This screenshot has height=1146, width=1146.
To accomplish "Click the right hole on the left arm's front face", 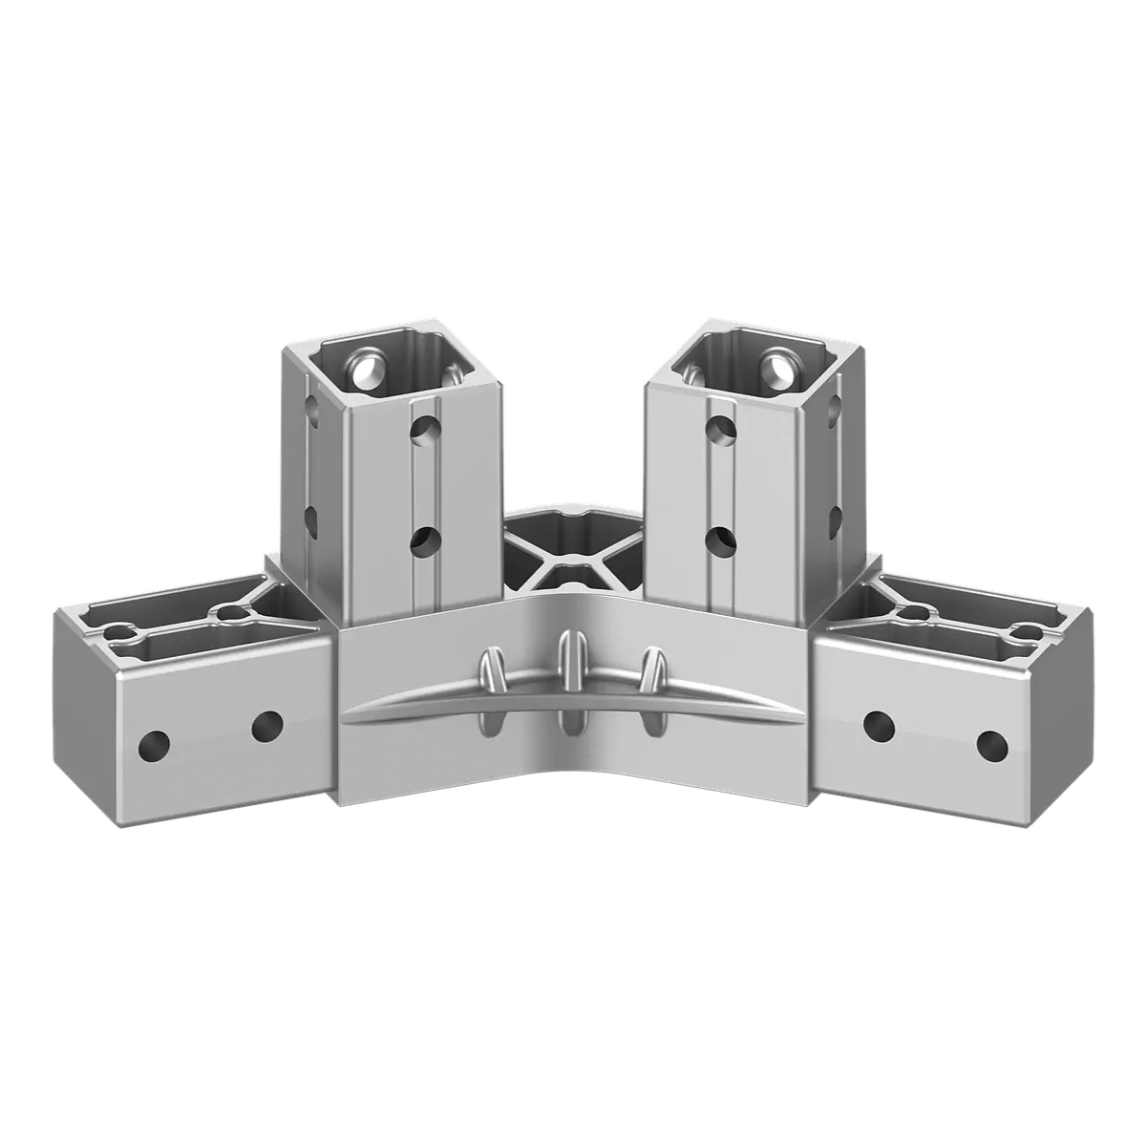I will coord(267,726).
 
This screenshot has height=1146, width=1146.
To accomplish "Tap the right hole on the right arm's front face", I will coord(992,743).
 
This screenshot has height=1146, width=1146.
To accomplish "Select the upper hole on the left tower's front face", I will coord(425,429).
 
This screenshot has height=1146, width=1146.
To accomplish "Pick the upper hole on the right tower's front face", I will coord(721,429).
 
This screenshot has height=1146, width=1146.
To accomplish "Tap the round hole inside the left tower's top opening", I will coord(365,372).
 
